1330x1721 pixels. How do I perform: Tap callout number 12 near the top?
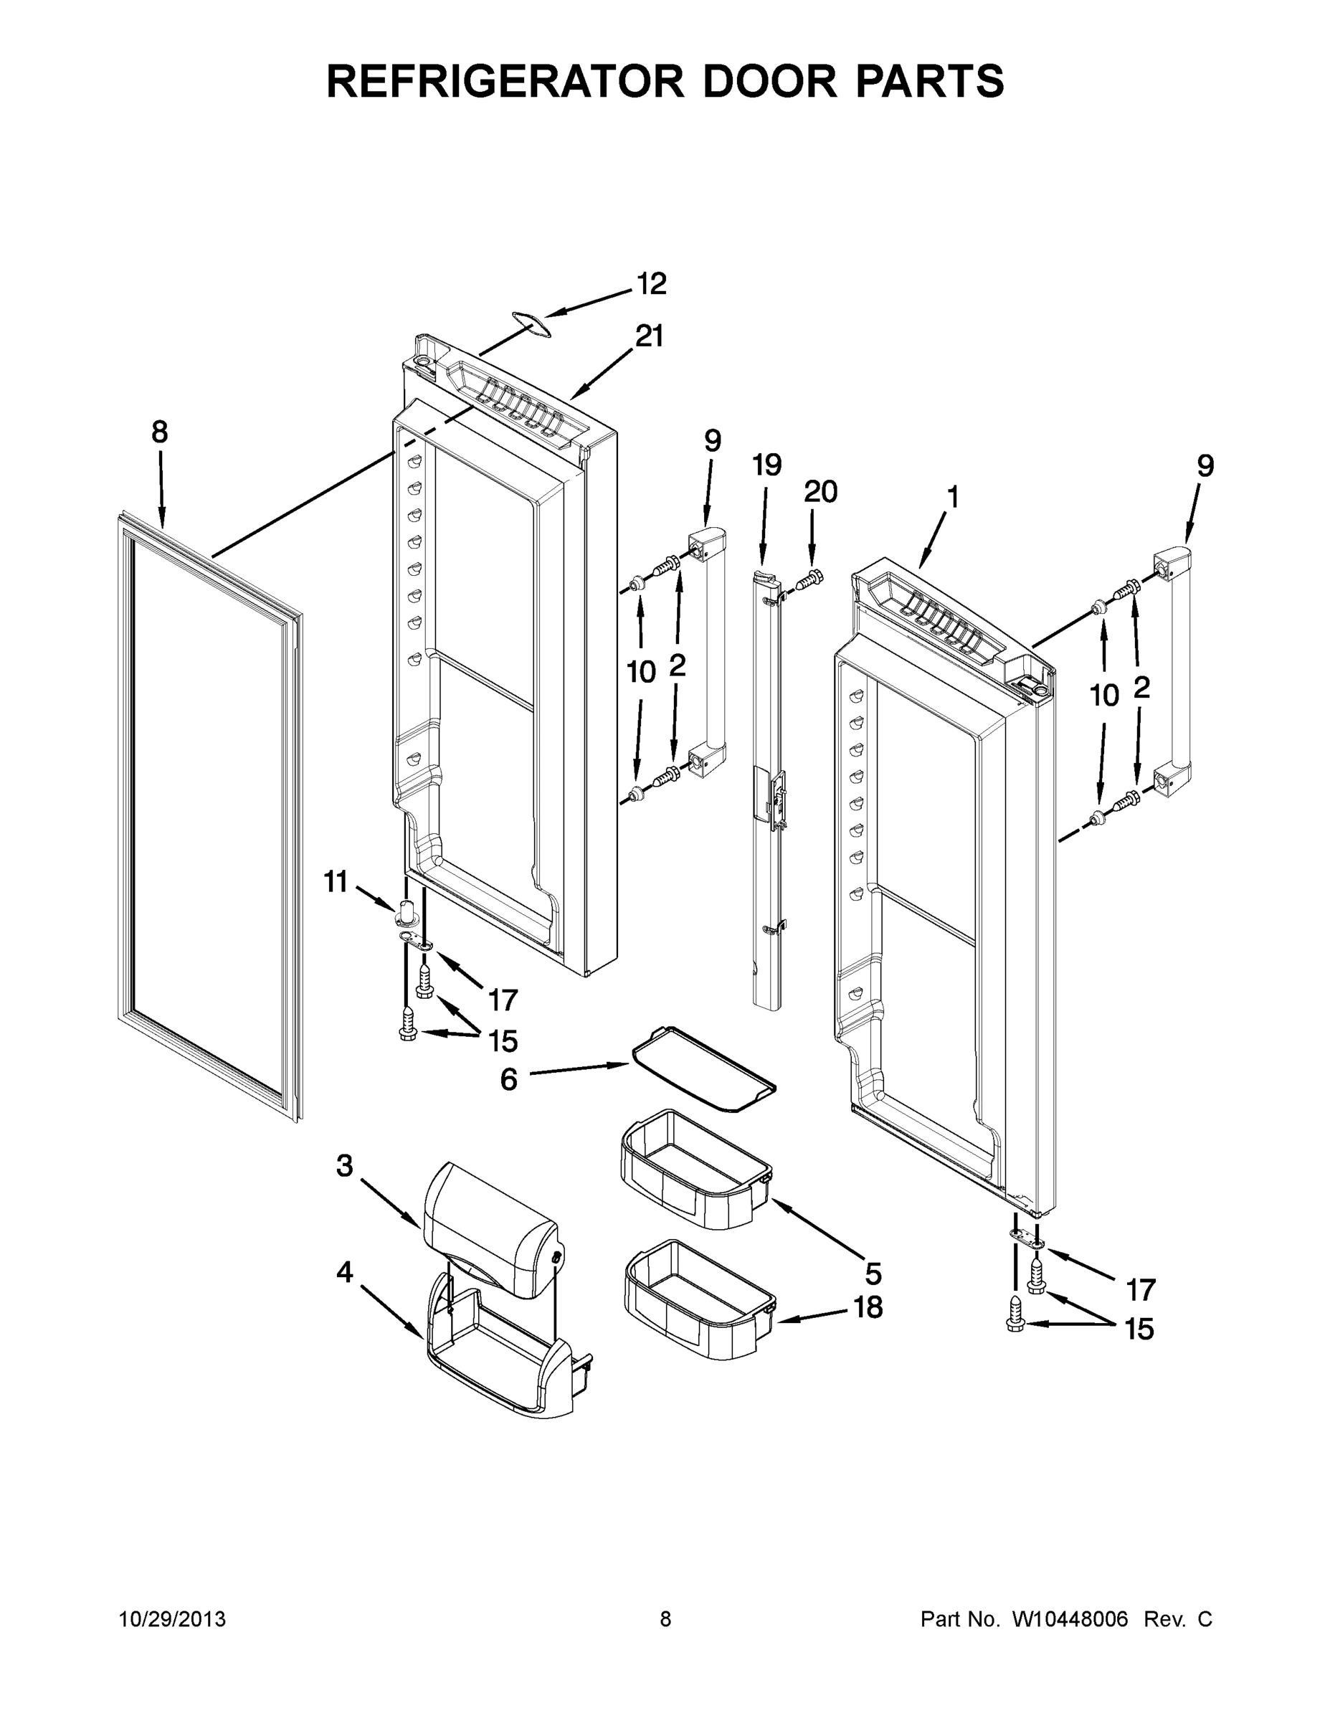coord(652,284)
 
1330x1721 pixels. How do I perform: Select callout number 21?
coord(650,337)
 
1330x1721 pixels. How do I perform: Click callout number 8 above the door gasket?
coord(160,432)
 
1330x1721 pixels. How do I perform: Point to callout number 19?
coord(766,465)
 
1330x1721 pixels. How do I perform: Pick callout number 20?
coord(820,492)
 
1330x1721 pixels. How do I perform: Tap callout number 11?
coord(336,882)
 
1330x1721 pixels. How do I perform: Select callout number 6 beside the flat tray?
coord(509,1078)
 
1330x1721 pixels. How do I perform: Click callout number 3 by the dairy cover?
coord(344,1165)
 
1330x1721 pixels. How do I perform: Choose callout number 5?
coord(873,1273)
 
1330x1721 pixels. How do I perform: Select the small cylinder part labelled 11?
coord(407,910)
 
